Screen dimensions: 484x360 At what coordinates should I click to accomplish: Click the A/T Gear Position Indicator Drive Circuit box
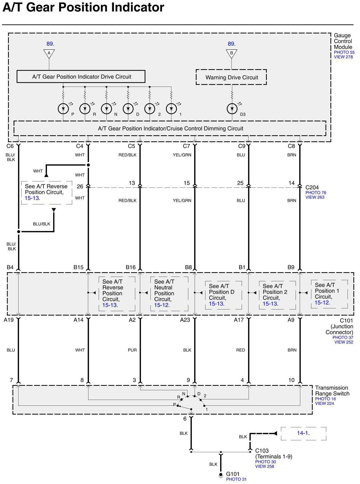pos(81,77)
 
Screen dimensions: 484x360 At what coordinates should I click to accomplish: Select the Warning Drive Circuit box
pos(231,77)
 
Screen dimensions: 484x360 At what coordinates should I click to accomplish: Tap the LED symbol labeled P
pos(63,109)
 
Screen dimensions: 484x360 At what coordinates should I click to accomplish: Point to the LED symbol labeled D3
pos(232,109)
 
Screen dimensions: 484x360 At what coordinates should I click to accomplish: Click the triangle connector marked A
pos(49,53)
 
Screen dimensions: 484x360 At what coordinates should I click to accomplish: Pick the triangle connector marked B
pos(231,53)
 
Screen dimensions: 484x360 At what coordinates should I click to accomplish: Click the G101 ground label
pos(233,474)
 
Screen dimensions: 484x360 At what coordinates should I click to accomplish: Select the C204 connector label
pos(312,188)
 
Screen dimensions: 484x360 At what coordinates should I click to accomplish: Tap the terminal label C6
pos(10,146)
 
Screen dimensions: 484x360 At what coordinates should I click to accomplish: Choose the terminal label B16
pos(131,267)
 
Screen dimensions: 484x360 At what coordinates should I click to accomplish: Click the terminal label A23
pos(185,320)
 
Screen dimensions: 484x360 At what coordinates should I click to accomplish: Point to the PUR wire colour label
pos(132,350)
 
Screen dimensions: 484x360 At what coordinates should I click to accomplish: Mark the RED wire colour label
pos(241,350)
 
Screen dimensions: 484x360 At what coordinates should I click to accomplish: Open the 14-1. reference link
pos(303,433)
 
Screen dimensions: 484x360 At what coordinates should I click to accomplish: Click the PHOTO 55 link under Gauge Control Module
pos(344,52)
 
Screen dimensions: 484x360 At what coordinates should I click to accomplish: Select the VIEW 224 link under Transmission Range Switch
pos(324,404)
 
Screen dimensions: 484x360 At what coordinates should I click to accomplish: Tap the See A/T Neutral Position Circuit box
pos(169,293)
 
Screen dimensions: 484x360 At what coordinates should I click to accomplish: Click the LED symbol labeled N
pos(106,109)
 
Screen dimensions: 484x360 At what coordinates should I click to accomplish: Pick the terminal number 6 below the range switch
pos(185,419)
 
